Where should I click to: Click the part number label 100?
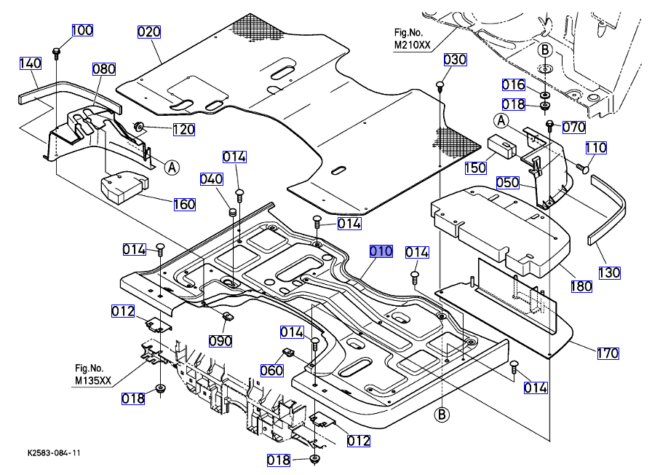pos(82,31)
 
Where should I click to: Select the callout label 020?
pos(149,31)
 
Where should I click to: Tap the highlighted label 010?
pos(381,251)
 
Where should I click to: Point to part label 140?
pos(30,63)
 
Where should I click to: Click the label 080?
pos(104,69)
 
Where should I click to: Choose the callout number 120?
pos(183,130)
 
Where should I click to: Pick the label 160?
pos(184,204)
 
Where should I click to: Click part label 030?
pos(455,59)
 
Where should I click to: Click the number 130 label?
pos(610,273)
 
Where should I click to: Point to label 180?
pos(581,286)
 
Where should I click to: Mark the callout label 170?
pos(608,353)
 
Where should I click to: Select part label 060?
pos(271,371)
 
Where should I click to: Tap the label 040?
pos(211,179)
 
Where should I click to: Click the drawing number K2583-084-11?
pos(50,452)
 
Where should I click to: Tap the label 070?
pos(573,127)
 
